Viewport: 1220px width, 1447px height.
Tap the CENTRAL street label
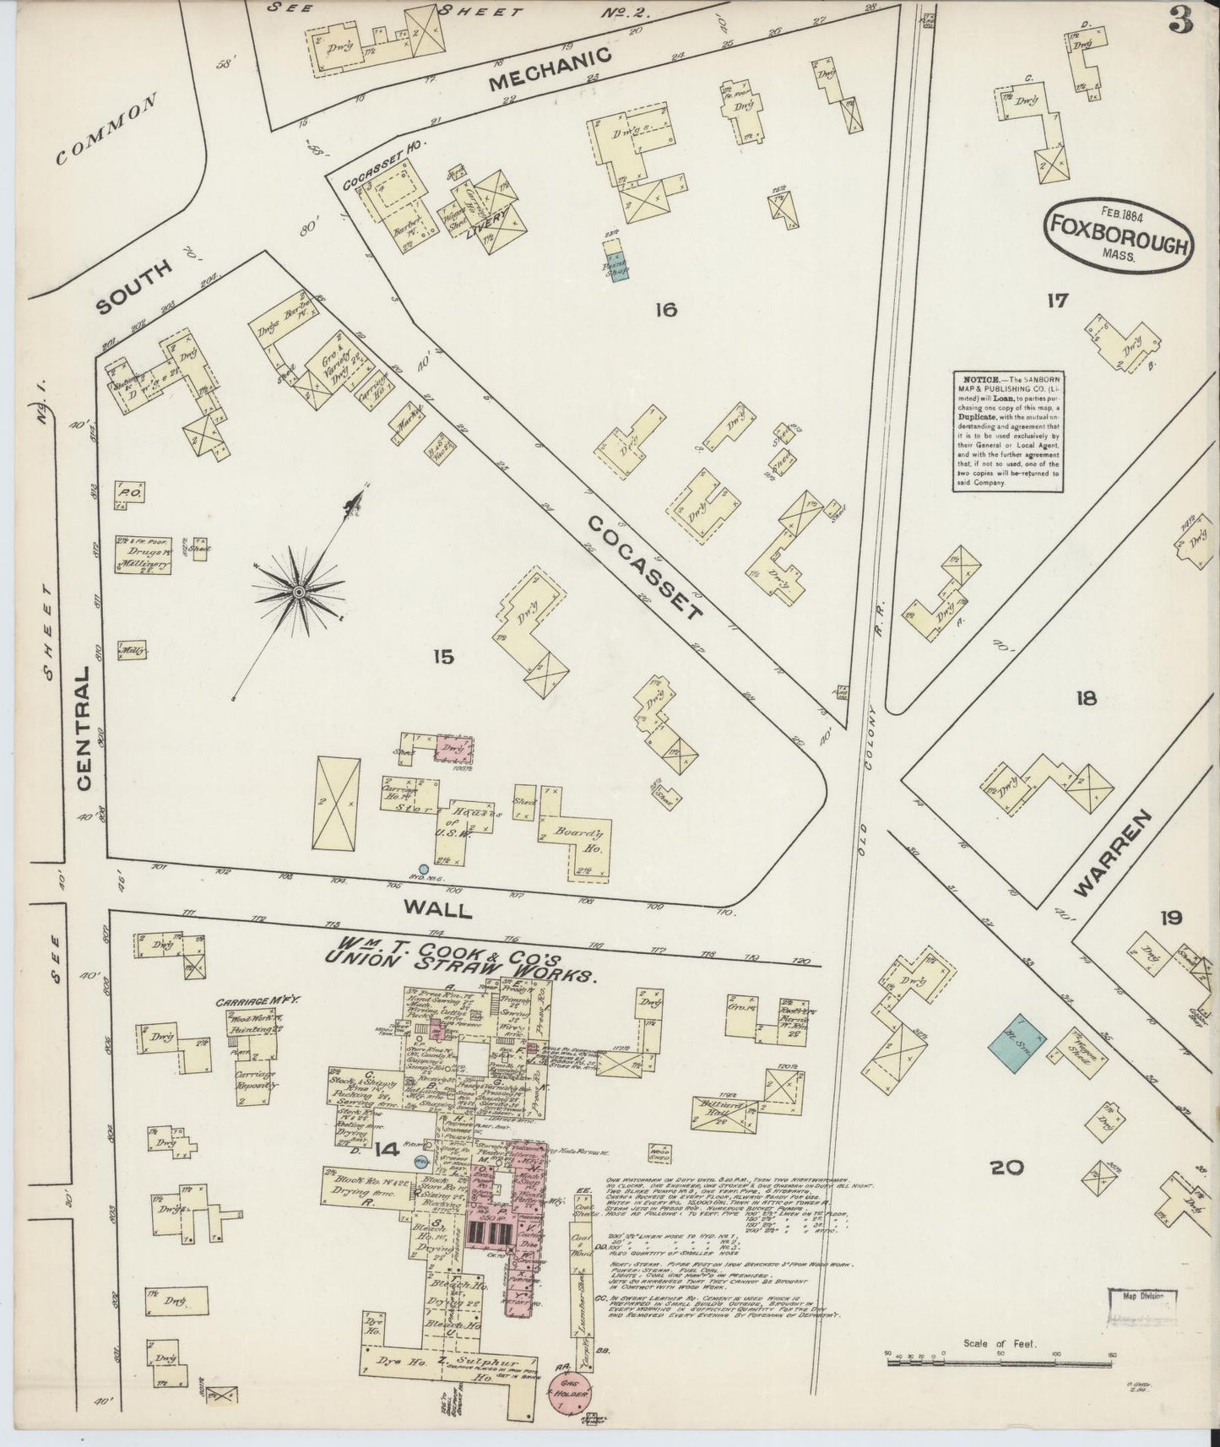click(x=84, y=730)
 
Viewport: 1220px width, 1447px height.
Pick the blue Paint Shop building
click(x=614, y=266)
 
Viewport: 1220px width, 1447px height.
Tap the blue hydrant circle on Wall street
click(x=424, y=869)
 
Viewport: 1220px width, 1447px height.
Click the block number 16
click(x=666, y=311)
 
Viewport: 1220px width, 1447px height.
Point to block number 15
click(x=443, y=656)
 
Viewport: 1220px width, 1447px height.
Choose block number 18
click(x=1086, y=697)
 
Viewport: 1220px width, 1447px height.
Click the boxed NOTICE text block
click(x=1007, y=431)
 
